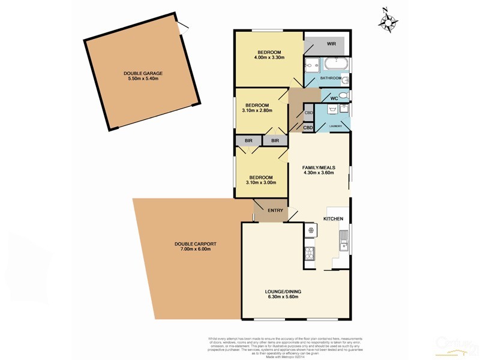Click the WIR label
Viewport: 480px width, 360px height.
click(331, 44)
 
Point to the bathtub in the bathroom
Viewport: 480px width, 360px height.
click(337, 64)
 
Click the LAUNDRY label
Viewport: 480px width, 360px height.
click(335, 126)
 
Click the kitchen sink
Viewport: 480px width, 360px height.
click(344, 241)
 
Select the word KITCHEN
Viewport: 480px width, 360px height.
click(334, 219)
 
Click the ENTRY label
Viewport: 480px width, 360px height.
click(275, 211)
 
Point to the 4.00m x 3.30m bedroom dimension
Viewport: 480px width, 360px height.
click(269, 58)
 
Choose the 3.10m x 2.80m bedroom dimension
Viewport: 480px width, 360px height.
click(259, 110)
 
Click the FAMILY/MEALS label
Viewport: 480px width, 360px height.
click(319, 167)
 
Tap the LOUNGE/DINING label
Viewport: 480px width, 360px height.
click(283, 292)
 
